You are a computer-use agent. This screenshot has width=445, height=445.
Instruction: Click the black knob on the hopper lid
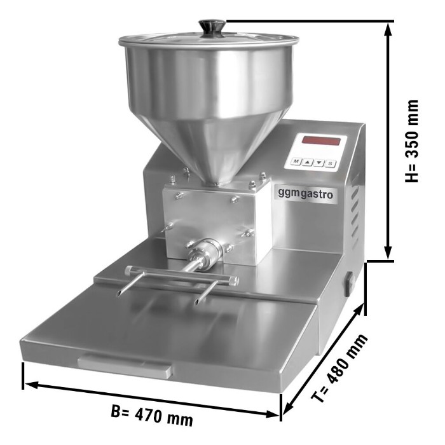click(212, 28)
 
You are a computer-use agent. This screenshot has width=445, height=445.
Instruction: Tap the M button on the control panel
click(296, 161)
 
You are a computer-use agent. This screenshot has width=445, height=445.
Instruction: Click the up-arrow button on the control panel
click(307, 162)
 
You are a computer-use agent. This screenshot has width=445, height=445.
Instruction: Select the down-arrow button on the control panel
click(319, 163)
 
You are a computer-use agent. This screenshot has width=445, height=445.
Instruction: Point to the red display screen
click(321, 140)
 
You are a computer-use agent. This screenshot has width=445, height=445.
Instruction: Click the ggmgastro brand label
click(305, 194)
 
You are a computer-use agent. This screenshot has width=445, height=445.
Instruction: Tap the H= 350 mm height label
click(411, 141)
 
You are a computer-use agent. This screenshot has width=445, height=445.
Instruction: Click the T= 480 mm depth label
click(339, 368)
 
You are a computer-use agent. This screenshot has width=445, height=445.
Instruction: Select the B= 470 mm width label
click(151, 415)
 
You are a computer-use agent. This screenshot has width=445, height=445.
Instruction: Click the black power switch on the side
click(348, 284)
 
